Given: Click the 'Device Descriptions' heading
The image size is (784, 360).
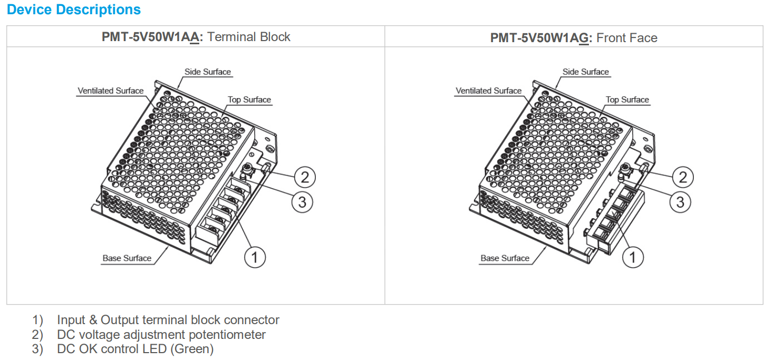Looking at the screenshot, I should pyautogui.click(x=74, y=10).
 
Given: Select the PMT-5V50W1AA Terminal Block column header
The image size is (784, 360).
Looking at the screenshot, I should pyautogui.click(x=196, y=37).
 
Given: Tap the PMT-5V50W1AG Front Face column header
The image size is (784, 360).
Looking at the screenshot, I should pyautogui.click(x=574, y=37).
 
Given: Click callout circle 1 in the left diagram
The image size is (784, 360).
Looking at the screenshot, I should pyautogui.click(x=255, y=257).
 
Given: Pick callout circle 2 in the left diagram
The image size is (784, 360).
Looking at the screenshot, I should pyautogui.click(x=305, y=177).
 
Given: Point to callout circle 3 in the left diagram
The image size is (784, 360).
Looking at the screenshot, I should pyautogui.click(x=302, y=202).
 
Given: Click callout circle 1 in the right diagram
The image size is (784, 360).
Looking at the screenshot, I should pyautogui.click(x=633, y=257).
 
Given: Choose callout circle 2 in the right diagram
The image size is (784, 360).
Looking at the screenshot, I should pyautogui.click(x=683, y=177).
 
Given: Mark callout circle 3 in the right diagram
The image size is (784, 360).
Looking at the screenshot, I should pyautogui.click(x=680, y=202).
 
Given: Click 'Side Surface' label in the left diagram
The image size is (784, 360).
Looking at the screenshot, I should pyautogui.click(x=207, y=72).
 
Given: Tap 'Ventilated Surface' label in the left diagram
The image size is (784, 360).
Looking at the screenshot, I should pyautogui.click(x=110, y=91).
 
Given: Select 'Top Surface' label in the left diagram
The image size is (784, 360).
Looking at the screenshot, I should pyautogui.click(x=249, y=100).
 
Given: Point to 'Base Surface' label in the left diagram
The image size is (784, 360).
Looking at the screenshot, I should pyautogui.click(x=127, y=258).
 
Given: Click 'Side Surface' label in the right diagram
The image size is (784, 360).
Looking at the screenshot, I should pyautogui.click(x=585, y=72).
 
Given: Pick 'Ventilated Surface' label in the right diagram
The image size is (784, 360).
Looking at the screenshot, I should pyautogui.click(x=488, y=91).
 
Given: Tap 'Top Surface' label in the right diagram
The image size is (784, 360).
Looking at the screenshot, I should pyautogui.click(x=627, y=100).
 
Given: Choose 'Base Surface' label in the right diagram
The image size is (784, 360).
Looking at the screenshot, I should pyautogui.click(x=505, y=258).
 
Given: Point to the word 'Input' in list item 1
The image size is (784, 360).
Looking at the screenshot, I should pyautogui.click(x=71, y=320).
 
